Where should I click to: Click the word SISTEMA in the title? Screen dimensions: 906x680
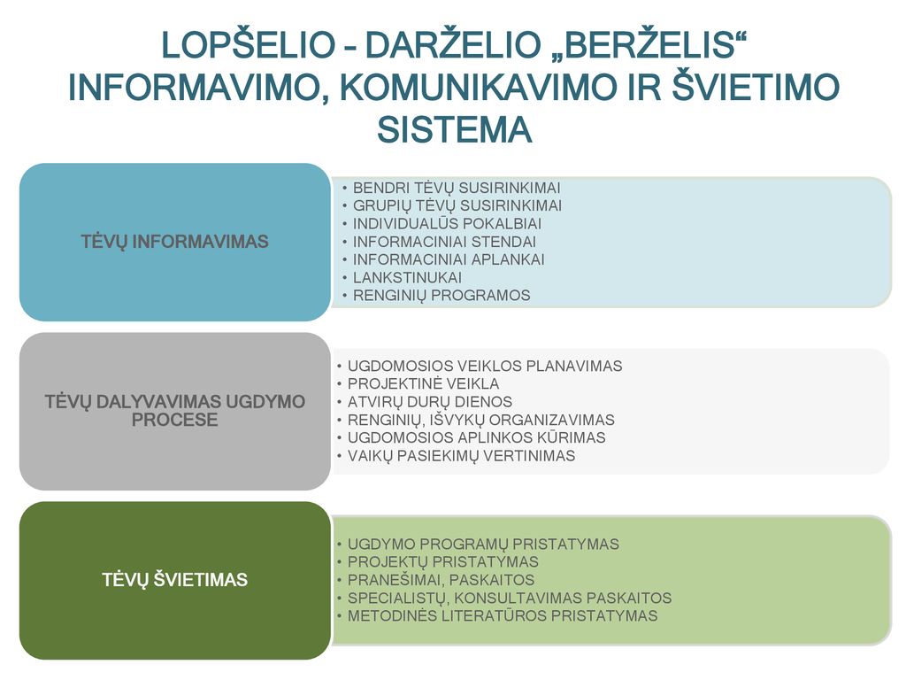454,129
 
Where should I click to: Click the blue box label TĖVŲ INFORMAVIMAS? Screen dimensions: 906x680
174,242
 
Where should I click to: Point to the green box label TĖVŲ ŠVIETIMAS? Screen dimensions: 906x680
174,579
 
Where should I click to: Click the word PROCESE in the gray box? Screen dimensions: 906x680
174,420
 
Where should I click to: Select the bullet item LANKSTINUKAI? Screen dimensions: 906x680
407,277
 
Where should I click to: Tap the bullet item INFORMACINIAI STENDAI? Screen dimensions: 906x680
444,242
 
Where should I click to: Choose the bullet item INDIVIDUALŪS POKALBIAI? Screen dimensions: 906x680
447,224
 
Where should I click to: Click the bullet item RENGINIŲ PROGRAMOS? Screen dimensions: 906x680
441,296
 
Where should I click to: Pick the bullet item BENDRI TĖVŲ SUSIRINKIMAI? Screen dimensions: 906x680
457,188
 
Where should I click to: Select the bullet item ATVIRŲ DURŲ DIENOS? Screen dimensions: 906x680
430,402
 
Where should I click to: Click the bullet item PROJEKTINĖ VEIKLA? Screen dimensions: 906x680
424,384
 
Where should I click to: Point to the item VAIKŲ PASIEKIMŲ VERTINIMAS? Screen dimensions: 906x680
461,456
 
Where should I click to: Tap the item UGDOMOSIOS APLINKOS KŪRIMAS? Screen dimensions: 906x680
477,437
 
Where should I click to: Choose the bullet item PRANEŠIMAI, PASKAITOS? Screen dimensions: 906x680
441,580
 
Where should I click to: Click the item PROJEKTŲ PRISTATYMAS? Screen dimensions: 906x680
443,562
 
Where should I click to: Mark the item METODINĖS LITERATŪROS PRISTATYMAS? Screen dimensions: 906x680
503,616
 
